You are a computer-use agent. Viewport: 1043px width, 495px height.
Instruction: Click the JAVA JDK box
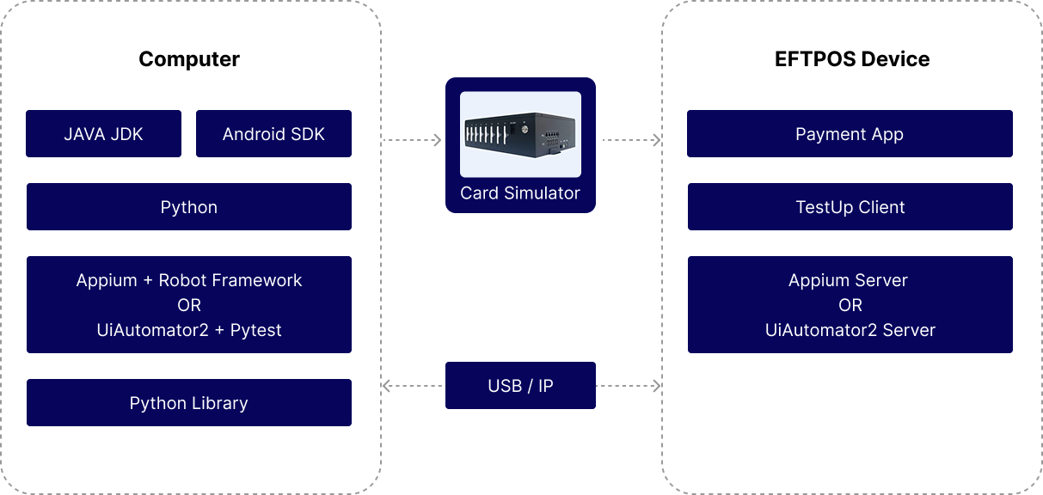click(103, 134)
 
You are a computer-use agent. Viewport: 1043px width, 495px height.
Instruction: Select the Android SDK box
click(273, 134)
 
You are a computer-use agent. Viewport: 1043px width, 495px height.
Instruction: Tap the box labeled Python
click(189, 207)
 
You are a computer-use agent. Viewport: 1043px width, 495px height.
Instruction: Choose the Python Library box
click(189, 403)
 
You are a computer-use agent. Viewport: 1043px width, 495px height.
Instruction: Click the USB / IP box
click(520, 386)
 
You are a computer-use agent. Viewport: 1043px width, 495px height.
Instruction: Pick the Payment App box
click(850, 134)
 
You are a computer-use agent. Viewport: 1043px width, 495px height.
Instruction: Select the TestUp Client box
click(850, 207)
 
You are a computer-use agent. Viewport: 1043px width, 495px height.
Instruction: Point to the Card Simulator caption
click(520, 193)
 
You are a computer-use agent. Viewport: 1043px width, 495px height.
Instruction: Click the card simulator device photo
click(520, 133)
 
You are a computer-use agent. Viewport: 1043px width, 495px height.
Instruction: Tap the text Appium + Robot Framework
click(189, 280)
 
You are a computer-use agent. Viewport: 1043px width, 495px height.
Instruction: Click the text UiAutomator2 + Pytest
click(189, 330)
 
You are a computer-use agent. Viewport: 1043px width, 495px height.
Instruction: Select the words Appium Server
click(849, 280)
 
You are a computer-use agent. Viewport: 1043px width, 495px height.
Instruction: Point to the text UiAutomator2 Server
click(850, 330)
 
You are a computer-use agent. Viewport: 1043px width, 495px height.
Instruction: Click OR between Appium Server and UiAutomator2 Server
click(850, 305)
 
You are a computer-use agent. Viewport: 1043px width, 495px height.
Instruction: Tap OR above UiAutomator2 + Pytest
click(189, 305)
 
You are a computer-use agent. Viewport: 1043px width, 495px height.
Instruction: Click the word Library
click(218, 403)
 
